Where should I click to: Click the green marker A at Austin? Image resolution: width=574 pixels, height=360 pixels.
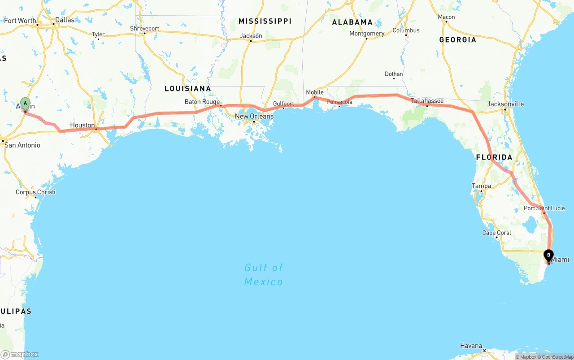(25, 104)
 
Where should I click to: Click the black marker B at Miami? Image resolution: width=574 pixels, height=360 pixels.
(548, 255)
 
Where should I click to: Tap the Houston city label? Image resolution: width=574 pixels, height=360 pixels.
(83, 126)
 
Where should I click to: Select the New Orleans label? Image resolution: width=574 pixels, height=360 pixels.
(254, 117)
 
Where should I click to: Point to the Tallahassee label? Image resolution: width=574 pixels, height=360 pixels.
(427, 101)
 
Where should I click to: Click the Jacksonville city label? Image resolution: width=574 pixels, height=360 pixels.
(505, 104)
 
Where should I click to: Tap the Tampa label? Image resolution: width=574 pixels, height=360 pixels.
(481, 186)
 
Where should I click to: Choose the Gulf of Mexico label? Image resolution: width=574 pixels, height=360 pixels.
(264, 274)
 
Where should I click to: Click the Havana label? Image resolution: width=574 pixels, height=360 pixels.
(471, 346)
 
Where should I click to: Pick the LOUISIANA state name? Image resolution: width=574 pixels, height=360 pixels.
(187, 89)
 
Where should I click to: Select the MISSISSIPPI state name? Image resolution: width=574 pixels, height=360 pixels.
(265, 22)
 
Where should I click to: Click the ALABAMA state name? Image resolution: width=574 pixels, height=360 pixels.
(352, 22)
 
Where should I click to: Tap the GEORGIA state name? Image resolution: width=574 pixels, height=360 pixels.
(457, 40)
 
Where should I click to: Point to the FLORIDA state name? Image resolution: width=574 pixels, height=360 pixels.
(494, 157)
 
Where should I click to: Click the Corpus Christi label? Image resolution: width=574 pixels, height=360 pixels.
(35, 192)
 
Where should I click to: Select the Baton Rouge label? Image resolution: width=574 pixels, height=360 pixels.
(202, 102)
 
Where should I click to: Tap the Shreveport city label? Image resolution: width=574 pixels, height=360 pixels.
(144, 28)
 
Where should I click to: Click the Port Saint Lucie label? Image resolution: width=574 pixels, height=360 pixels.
(544, 208)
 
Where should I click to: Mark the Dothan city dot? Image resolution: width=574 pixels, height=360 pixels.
(394, 78)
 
